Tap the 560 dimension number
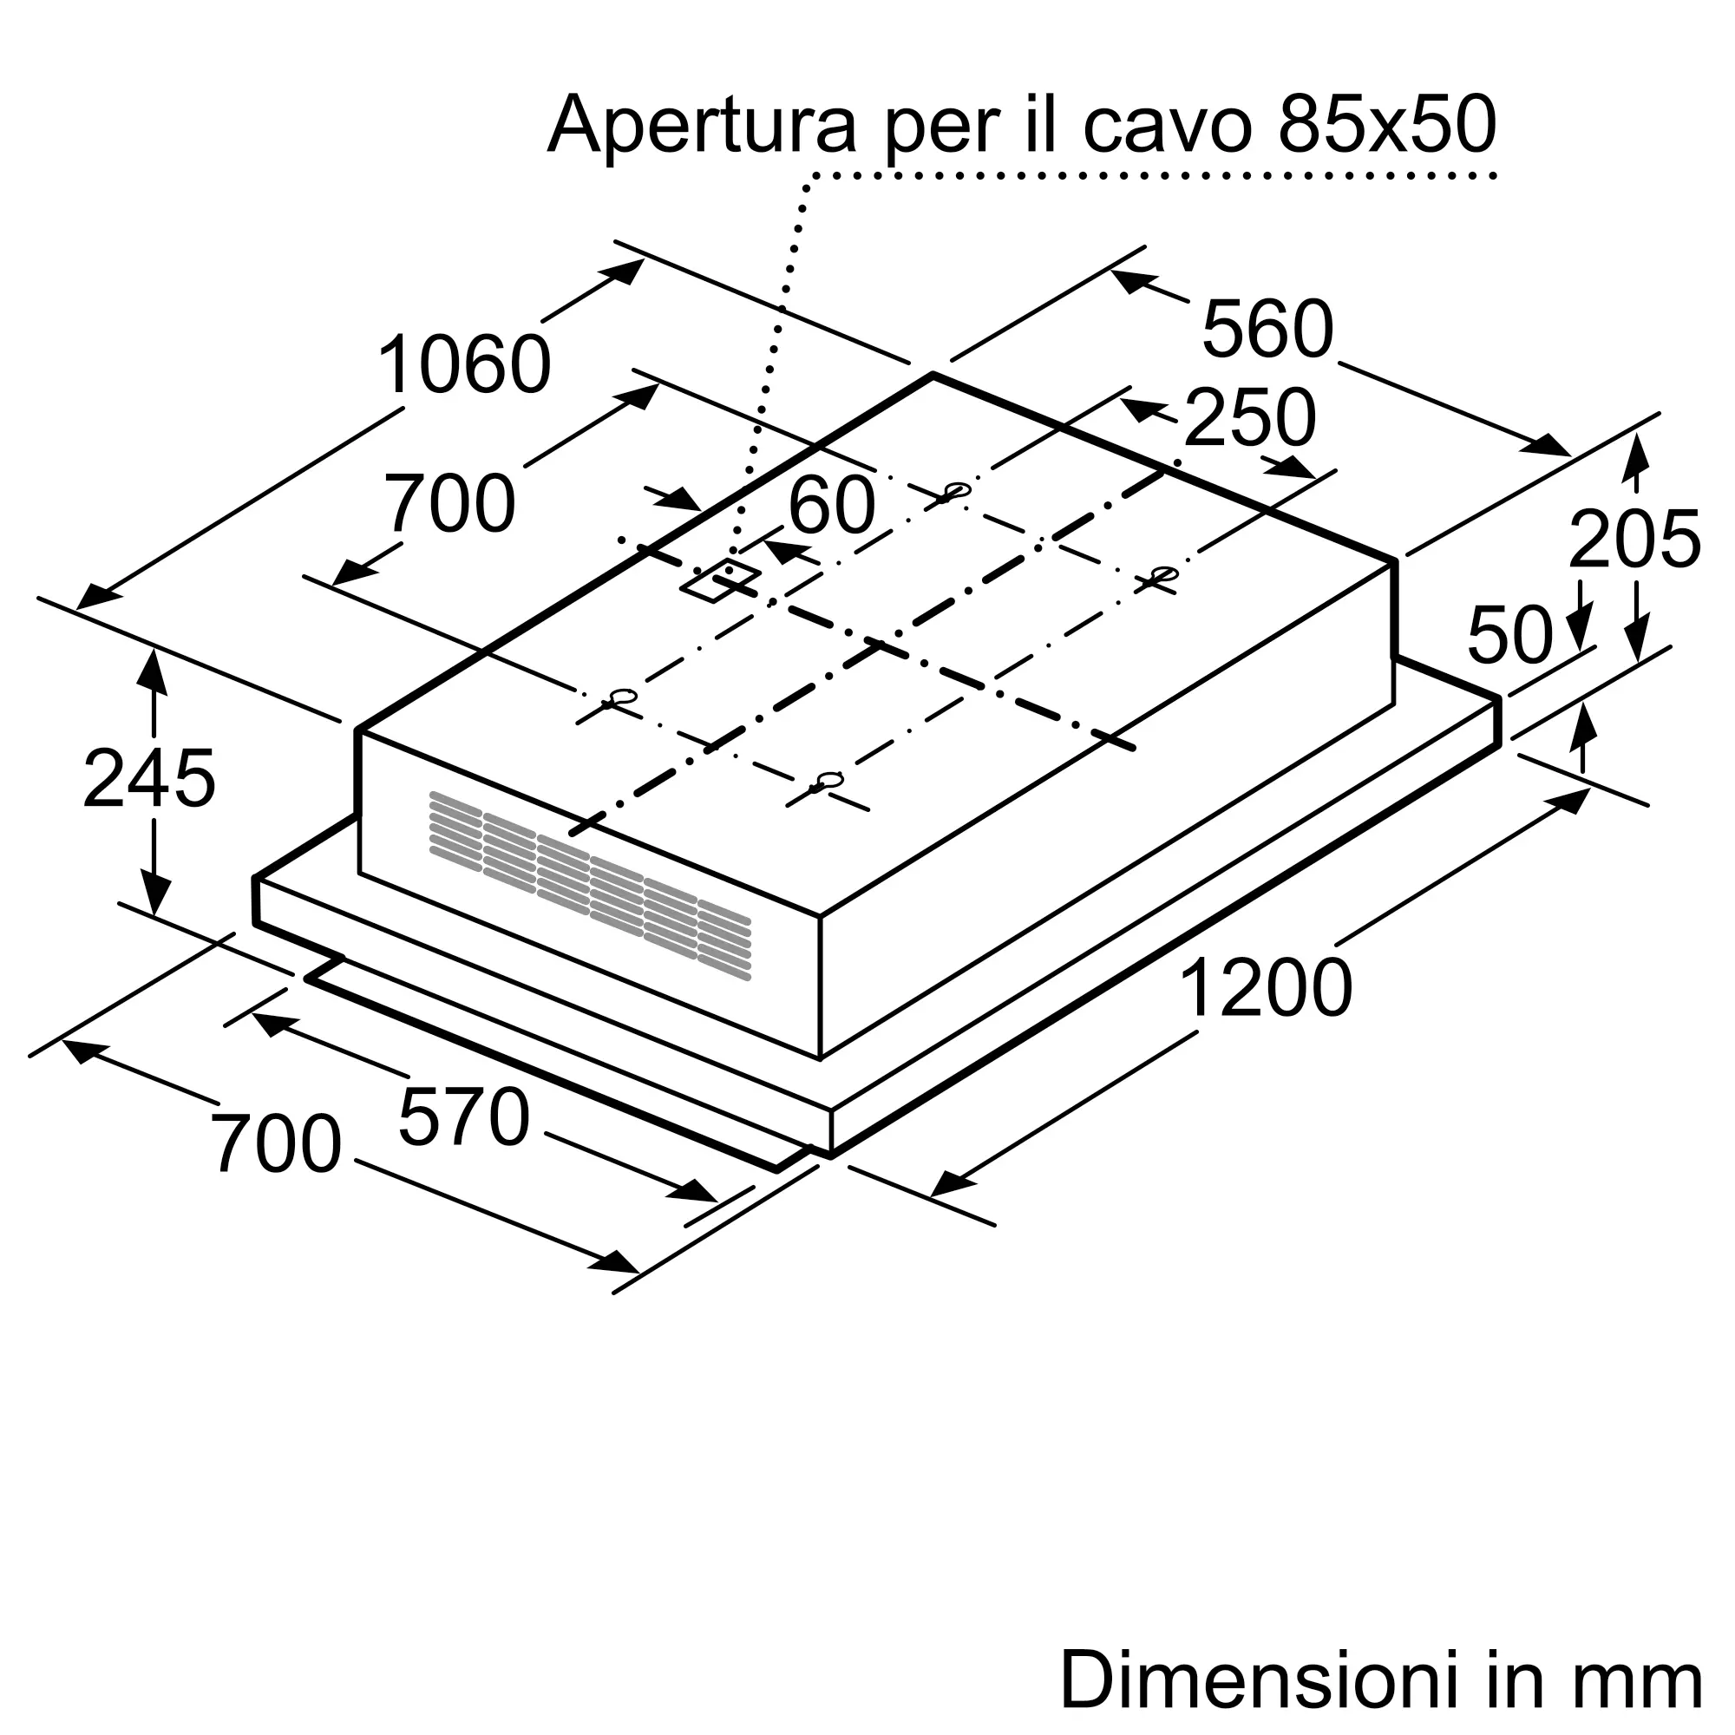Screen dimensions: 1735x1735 (x=1267, y=330)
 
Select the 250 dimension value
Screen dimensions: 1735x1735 (x=1249, y=418)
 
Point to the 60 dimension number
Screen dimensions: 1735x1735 (x=832, y=505)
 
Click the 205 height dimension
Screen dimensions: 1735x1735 (x=1634, y=540)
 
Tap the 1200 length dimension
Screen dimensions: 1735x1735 (x=1266, y=988)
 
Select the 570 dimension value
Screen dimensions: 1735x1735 (x=463, y=1117)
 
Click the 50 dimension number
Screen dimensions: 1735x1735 (x=1509, y=636)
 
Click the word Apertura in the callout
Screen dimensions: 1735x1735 (x=701, y=126)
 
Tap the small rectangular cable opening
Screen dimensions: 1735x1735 (x=720, y=580)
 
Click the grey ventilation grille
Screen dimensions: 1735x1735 (x=590, y=886)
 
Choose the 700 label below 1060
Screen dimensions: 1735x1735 (x=449, y=505)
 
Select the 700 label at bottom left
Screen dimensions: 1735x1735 (x=276, y=1144)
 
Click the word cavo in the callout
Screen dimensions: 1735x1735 (x=1167, y=126)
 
